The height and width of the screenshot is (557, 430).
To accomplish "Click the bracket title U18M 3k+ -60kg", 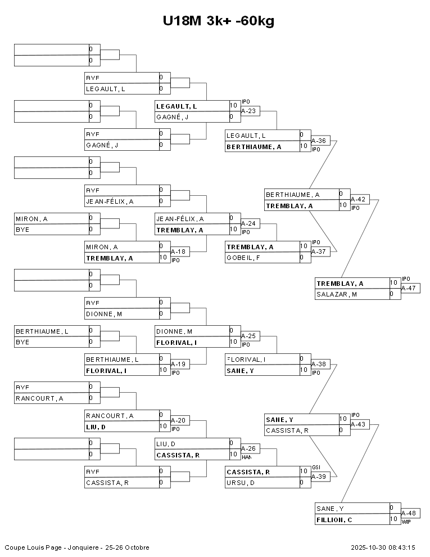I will pyautogui.click(x=219, y=21).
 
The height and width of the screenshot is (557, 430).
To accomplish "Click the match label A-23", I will pyautogui.click(x=248, y=111).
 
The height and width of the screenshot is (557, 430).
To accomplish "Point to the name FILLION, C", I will pyautogui.click(x=334, y=519).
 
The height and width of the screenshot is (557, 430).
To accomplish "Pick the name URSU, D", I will pyautogui.click(x=238, y=483).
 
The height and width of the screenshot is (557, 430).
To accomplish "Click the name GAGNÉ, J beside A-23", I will pyautogui.click(x=172, y=117).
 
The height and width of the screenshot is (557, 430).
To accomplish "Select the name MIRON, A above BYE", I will pyautogui.click(x=31, y=218).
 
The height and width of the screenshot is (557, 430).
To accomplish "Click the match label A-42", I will pyautogui.click(x=358, y=199).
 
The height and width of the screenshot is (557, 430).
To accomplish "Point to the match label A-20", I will pyautogui.click(x=178, y=420).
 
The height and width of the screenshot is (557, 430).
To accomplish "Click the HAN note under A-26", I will pyautogui.click(x=246, y=457).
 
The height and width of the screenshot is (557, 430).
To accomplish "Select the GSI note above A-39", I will pyautogui.click(x=316, y=468).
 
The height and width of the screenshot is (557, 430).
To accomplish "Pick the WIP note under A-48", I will pyautogui.click(x=406, y=522).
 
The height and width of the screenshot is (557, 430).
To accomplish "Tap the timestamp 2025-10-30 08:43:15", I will pyautogui.click(x=383, y=547).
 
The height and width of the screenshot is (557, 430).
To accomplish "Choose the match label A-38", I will pyautogui.click(x=319, y=364).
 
